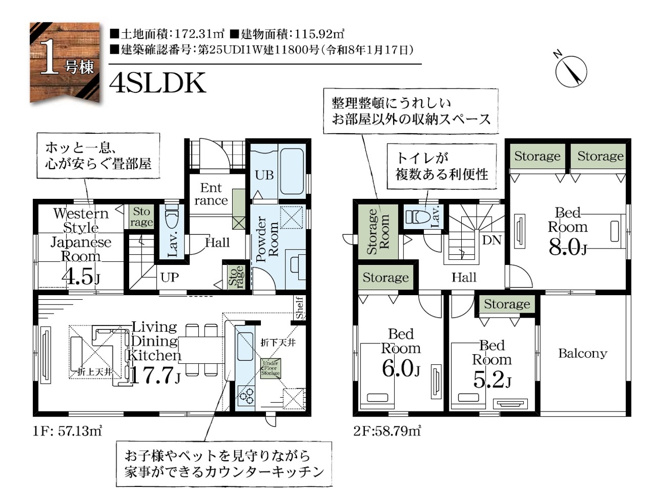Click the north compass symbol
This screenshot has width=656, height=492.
(571, 72)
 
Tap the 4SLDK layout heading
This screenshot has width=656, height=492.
(157, 83)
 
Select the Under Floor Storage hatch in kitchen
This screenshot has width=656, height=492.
(271, 368)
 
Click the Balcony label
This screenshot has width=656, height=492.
(583, 354)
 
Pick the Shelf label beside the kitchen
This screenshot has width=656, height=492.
(300, 307)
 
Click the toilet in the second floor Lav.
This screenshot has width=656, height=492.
(416, 217)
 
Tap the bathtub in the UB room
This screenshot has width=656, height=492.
(292, 171)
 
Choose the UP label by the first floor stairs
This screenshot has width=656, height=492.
(170, 277)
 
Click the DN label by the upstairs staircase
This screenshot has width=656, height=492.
(491, 240)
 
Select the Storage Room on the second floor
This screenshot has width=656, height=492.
(378, 232)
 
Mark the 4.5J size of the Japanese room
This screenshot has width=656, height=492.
(80, 277)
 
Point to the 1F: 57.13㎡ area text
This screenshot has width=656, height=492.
(68, 431)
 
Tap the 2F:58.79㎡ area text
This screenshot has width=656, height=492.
(387, 431)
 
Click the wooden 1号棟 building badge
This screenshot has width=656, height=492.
(65, 63)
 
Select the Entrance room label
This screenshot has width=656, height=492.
(211, 194)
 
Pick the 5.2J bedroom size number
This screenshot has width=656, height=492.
(492, 379)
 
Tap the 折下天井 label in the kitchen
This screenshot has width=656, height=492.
(278, 343)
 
